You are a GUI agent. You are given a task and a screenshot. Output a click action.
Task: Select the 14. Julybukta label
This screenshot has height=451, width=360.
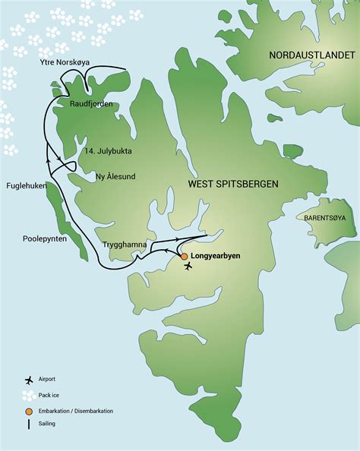coord(109,150)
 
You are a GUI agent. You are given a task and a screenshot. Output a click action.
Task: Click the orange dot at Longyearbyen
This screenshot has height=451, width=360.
coord(184,257)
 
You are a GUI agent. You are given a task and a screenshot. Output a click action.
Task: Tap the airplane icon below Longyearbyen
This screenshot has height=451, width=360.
coord(188,267)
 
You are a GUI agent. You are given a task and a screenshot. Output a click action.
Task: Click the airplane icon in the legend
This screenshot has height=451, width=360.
coord(29,379)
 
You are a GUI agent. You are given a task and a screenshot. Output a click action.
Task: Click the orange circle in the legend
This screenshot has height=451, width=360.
coord(29,411)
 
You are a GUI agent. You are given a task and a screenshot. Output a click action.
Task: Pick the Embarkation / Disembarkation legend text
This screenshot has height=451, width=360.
coord(80,411)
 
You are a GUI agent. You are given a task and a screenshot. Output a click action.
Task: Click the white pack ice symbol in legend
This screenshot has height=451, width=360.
coord(29,395)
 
